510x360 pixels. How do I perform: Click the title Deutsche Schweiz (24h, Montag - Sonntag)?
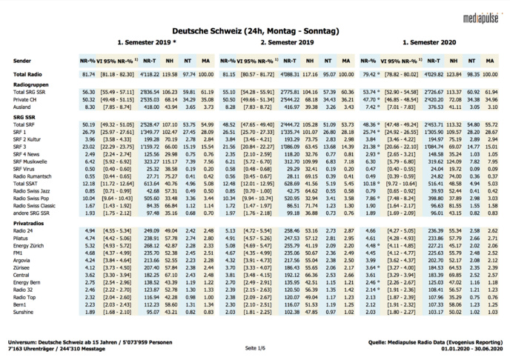tap(255, 31)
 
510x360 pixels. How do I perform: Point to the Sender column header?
tap(23, 59)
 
